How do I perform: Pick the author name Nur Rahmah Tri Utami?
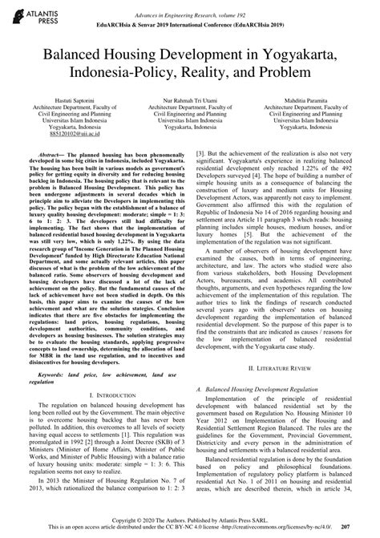[190, 95]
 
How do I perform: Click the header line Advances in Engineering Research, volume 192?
[190, 7]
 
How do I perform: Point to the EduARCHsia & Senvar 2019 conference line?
[190, 17]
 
